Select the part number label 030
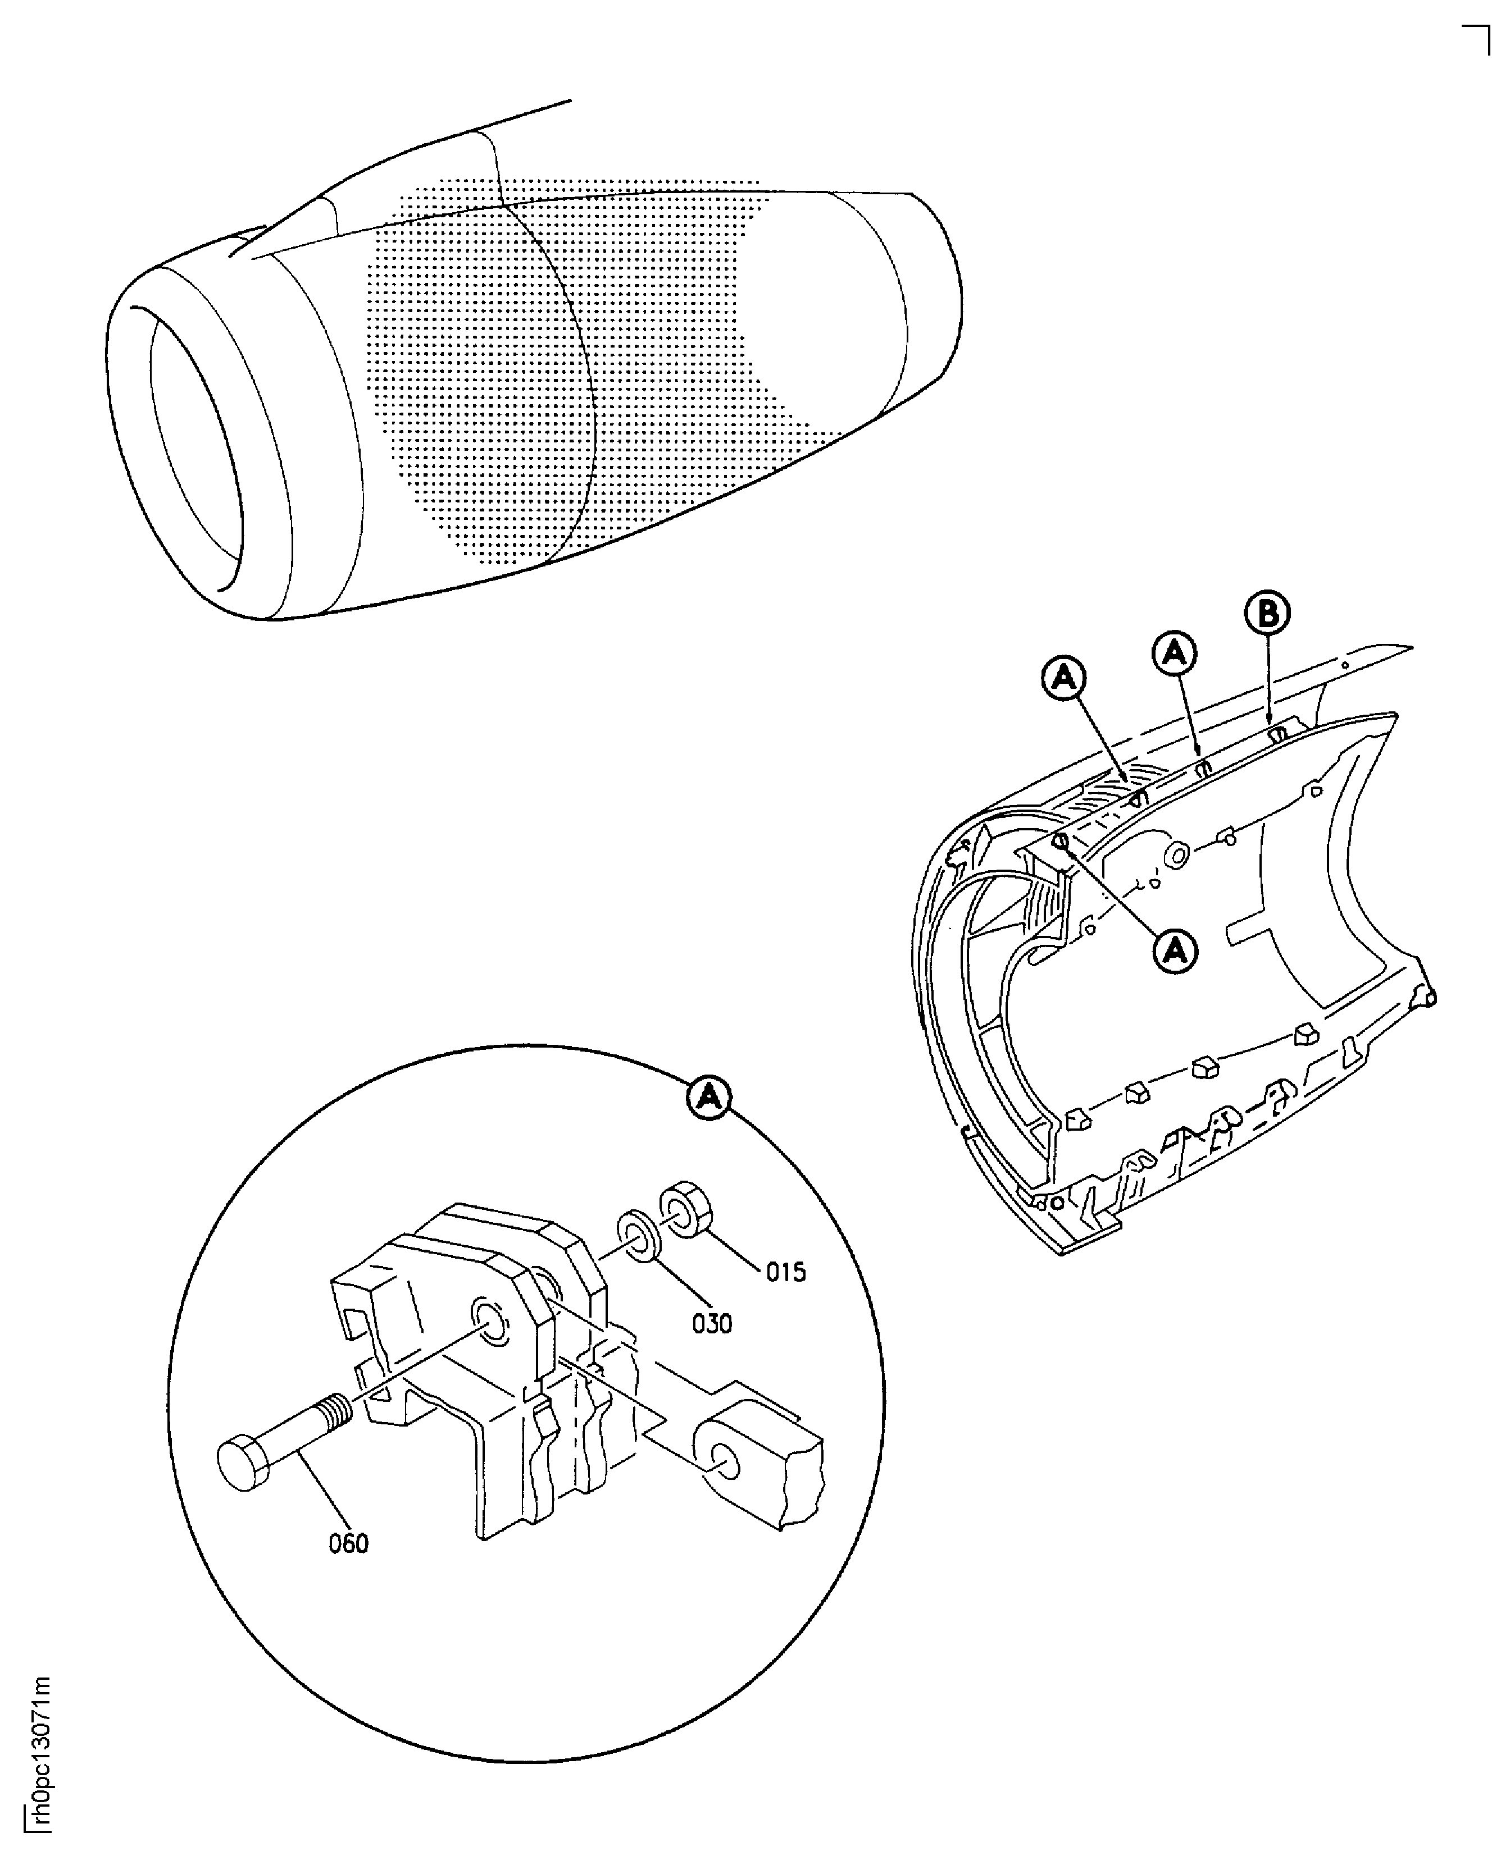712,1324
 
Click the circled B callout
1267,614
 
